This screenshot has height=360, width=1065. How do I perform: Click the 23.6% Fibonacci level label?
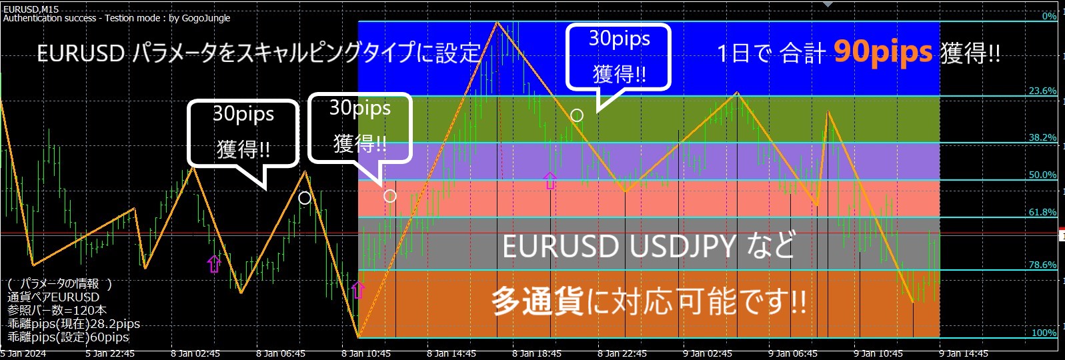point(1042,91)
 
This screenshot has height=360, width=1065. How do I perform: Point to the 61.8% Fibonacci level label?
point(1042,212)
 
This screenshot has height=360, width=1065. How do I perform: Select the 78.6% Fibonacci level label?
point(1042,265)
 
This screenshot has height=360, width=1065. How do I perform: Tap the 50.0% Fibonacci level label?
point(1042,175)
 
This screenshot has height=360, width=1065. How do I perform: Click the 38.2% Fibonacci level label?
point(1042,137)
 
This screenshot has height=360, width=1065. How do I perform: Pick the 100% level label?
point(1044,333)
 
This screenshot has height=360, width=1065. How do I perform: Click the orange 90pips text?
point(883,52)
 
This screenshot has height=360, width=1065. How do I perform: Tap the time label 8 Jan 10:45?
point(366,354)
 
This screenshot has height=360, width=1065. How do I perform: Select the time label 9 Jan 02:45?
point(708,354)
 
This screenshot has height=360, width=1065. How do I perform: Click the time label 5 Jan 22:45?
point(110,354)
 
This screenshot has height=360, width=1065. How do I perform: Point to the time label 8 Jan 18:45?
point(537,354)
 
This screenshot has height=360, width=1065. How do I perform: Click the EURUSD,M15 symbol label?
point(31,9)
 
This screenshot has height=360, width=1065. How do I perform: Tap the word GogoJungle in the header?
point(206,18)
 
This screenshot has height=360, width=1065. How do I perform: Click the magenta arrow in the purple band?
point(550,181)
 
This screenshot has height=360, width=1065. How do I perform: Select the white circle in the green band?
point(577,115)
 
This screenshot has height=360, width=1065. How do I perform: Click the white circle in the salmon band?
point(390,196)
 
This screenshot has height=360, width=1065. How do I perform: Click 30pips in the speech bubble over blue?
point(619,39)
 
